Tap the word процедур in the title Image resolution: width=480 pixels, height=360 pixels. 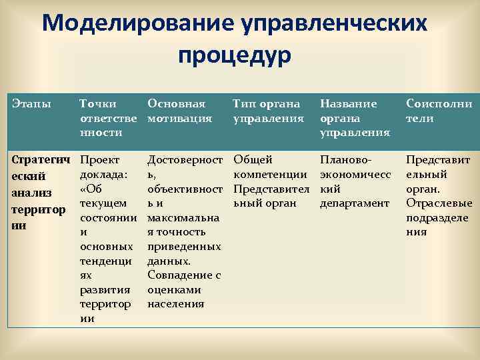click(x=235, y=55)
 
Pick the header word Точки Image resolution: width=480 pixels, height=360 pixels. click(x=97, y=104)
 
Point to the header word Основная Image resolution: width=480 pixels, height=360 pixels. click(x=176, y=104)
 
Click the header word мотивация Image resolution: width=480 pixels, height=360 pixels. click(x=179, y=118)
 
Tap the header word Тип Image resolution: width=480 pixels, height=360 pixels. click(x=244, y=104)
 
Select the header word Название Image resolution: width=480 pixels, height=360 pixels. click(x=349, y=104)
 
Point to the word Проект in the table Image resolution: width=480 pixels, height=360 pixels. click(x=99, y=159)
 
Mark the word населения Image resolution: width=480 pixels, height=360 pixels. click(x=176, y=304)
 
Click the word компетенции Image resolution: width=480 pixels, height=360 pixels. click(x=270, y=174)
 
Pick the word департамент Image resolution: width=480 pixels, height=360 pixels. click(x=354, y=203)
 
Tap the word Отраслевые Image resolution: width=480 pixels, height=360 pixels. click(x=439, y=203)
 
